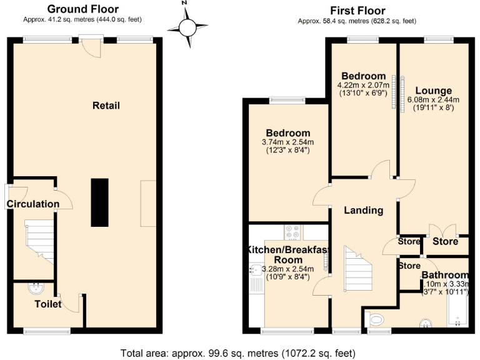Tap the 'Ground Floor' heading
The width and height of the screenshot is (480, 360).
[83, 9]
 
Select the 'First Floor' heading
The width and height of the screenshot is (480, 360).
[358, 11]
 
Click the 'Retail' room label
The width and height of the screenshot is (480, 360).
[106, 106]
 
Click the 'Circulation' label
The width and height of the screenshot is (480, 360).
[32, 204]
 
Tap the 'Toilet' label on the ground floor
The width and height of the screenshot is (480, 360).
[48, 304]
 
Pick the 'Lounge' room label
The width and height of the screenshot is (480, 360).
[433, 91]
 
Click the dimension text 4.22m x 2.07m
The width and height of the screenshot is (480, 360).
[362, 85]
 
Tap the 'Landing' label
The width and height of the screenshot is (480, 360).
[363, 210]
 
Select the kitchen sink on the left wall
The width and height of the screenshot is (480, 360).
[257, 271]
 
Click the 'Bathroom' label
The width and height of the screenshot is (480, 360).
[444, 275]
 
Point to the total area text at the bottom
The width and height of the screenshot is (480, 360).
[240, 352]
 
